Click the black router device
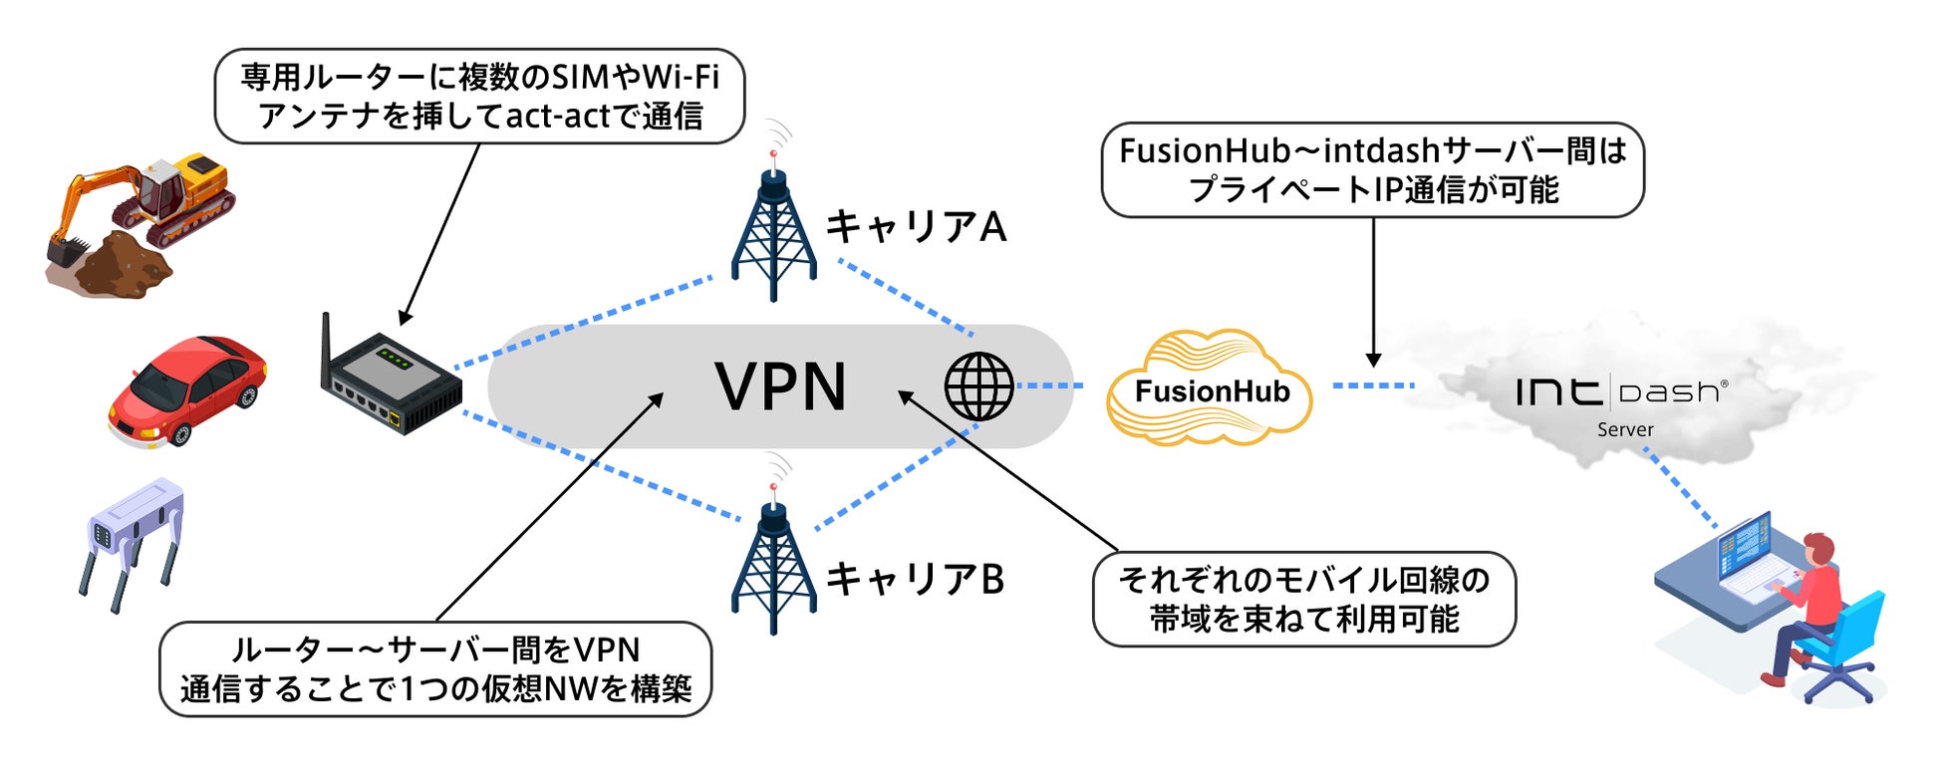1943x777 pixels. (394, 384)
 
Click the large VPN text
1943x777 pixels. (780, 387)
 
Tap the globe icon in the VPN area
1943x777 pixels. (978, 387)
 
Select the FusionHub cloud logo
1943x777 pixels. (1210, 388)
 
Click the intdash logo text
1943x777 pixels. (1621, 391)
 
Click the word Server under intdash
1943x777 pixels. (1625, 429)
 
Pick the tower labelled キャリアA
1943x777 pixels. (773, 229)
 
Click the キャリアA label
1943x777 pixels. (916, 227)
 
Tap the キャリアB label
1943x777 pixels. (916, 579)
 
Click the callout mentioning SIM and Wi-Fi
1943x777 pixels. (479, 97)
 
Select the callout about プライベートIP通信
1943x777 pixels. (1372, 170)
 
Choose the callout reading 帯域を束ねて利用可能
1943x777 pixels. (1303, 600)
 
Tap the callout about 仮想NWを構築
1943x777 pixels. (435, 669)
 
